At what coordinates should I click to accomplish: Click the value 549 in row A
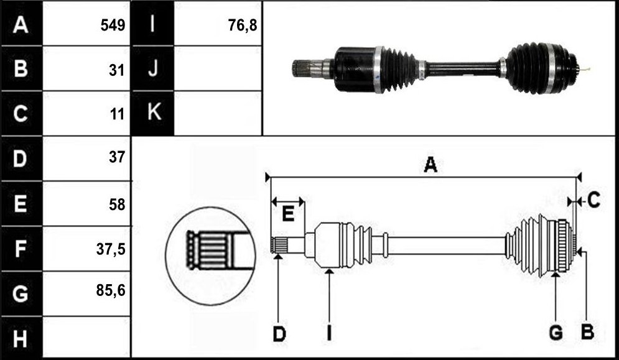(113, 25)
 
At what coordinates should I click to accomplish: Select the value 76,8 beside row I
(243, 25)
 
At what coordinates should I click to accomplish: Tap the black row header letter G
(20, 293)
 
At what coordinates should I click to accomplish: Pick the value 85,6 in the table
(111, 290)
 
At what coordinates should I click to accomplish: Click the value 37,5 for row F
(111, 249)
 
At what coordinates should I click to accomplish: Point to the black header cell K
(153, 113)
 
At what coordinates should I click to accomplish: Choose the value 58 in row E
(117, 205)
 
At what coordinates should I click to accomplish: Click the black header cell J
(153, 68)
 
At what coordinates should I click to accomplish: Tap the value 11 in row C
(118, 114)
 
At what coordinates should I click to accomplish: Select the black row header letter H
(20, 339)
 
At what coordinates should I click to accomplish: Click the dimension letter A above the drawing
(431, 164)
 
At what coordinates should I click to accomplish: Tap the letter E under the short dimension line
(288, 215)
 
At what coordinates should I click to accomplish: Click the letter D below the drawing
(279, 334)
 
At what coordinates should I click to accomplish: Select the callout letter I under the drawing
(329, 334)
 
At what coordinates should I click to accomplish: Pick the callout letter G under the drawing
(556, 333)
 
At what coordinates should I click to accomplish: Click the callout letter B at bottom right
(587, 333)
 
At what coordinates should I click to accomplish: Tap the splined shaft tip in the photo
(301, 68)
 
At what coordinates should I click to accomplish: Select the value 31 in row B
(117, 70)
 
